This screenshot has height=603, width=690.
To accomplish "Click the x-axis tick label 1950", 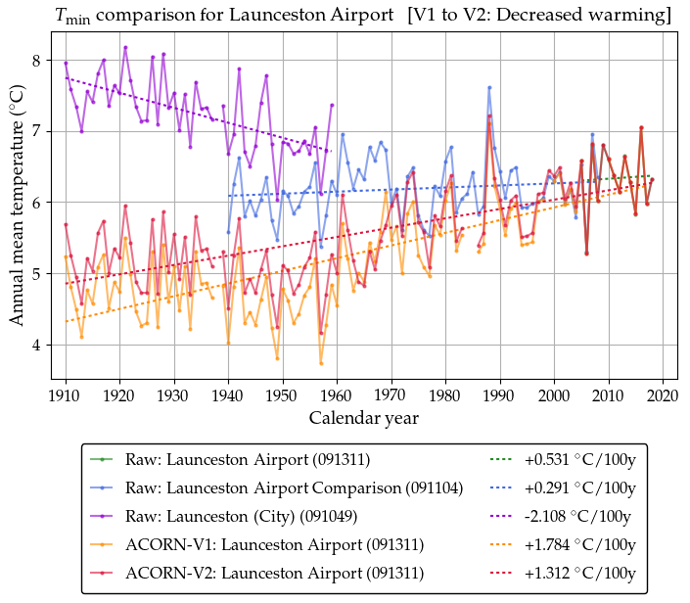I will (282, 395).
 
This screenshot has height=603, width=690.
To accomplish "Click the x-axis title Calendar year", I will (364, 418).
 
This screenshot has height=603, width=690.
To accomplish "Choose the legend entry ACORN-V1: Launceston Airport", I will (274, 544).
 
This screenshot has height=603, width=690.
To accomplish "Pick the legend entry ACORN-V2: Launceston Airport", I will (274, 573).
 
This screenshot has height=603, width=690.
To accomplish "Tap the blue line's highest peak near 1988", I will (489, 87).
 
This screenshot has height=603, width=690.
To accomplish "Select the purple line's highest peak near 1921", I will (125, 47).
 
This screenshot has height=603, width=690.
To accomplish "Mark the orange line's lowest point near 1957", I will (321, 363).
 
